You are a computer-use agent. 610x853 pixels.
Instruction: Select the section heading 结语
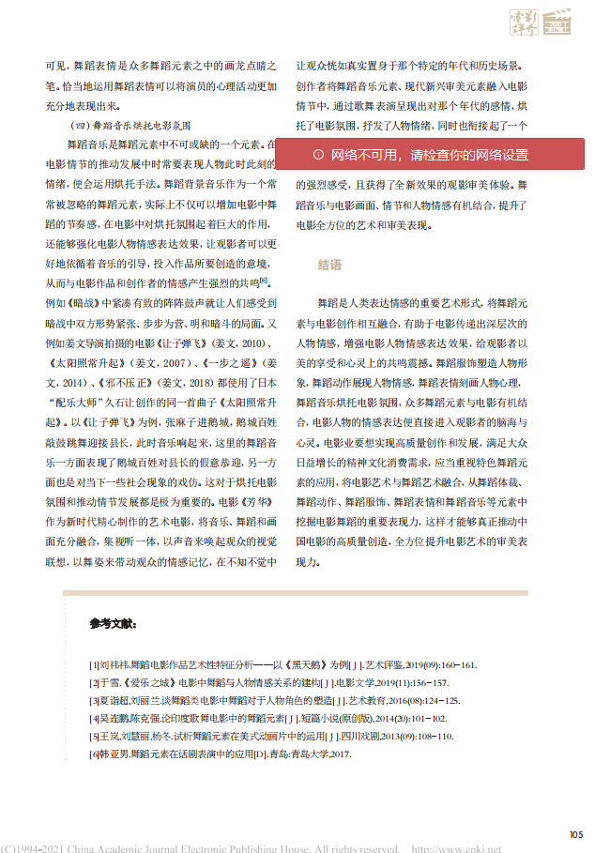click(x=330, y=266)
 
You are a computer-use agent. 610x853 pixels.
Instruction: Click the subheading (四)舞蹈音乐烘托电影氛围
click(x=131, y=124)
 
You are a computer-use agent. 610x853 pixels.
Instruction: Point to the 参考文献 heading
click(x=114, y=623)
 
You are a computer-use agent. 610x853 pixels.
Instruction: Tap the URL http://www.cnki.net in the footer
click(x=455, y=847)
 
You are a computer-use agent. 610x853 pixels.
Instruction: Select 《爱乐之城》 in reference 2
click(x=138, y=683)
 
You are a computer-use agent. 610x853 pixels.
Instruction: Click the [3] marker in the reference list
click(x=93, y=701)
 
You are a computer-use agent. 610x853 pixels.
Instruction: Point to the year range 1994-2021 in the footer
click(x=38, y=847)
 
